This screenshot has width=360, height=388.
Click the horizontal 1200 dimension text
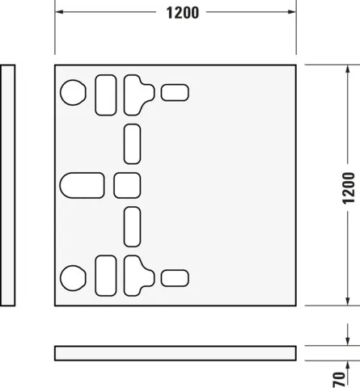[x=182, y=13]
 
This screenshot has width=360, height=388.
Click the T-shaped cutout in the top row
[x=138, y=93]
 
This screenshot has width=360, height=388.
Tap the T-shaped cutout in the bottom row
[x=138, y=275]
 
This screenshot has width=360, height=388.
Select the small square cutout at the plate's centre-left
[x=127, y=185]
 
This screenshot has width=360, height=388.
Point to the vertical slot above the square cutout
[x=132, y=144]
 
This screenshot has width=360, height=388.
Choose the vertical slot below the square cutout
[x=132, y=226]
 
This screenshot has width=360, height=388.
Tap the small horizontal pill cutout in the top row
[x=174, y=92]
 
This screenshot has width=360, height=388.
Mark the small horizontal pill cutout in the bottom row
[x=174, y=277]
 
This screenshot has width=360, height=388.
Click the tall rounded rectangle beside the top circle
[x=106, y=94]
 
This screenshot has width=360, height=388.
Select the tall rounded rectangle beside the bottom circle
[x=106, y=275]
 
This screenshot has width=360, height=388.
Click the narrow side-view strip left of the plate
[x=8, y=185]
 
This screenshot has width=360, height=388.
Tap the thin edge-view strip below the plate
[x=175, y=352]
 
